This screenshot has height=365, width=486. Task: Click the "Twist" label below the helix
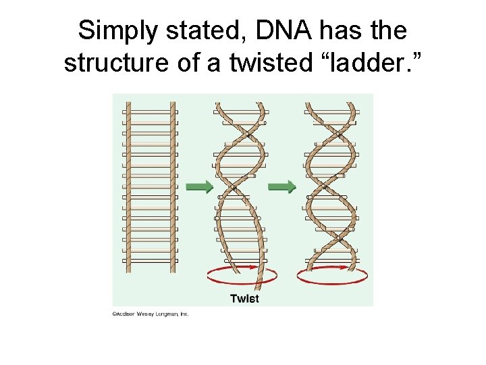[x=244, y=298]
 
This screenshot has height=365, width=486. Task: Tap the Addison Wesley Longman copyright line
[x=151, y=314]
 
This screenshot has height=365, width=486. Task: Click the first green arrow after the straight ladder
[x=199, y=187]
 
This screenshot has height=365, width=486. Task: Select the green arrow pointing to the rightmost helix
[x=282, y=187]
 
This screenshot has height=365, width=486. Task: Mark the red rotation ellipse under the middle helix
[x=242, y=276]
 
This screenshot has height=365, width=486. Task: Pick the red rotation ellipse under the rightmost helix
[x=332, y=276]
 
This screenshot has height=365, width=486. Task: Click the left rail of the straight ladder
[x=128, y=187]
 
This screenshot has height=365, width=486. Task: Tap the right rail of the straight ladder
[x=173, y=187]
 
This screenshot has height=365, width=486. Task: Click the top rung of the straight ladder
[x=151, y=112]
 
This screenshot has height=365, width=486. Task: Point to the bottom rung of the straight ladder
[x=151, y=260]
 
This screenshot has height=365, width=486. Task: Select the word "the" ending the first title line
[x=387, y=30]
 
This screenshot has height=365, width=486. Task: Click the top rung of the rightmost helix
[x=332, y=112]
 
